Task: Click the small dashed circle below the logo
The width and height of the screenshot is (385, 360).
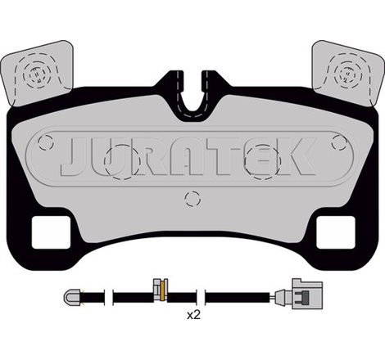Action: click(x=192, y=197)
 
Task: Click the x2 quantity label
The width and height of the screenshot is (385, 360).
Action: click(x=193, y=314)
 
